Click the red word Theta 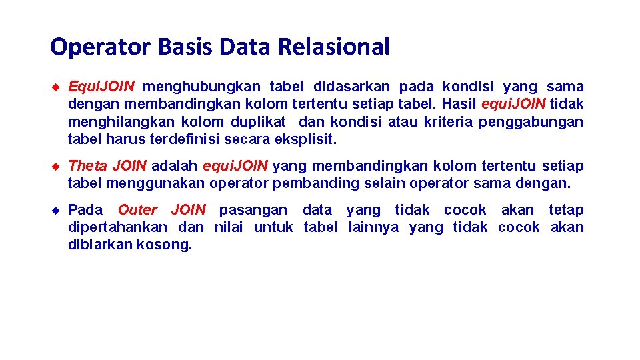click(88, 165)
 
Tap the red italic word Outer click(137, 210)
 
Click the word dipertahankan click(117, 227)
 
